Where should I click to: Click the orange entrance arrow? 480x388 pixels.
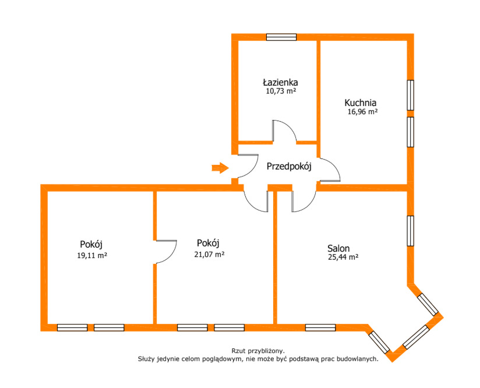pos(220,168)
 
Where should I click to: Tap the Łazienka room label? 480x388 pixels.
pos(280,82)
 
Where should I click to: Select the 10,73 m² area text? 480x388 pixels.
pos(281,91)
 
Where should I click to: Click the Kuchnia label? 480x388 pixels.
pos(361,103)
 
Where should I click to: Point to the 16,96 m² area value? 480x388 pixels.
pos(362,112)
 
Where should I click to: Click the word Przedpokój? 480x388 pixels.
pos(289,167)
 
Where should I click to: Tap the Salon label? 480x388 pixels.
pos(338,248)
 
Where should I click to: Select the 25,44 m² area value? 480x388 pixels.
pos(343,258)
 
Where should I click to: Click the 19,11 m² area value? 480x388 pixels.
pos(92,255)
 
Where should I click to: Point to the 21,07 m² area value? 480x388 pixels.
pos(209,254)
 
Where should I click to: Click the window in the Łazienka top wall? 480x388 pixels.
pos(281,37)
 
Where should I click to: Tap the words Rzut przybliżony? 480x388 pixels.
pos(258,351)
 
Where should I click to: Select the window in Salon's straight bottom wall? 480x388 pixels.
pos(320,327)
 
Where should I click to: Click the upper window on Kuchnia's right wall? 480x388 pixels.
pos(411,95)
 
